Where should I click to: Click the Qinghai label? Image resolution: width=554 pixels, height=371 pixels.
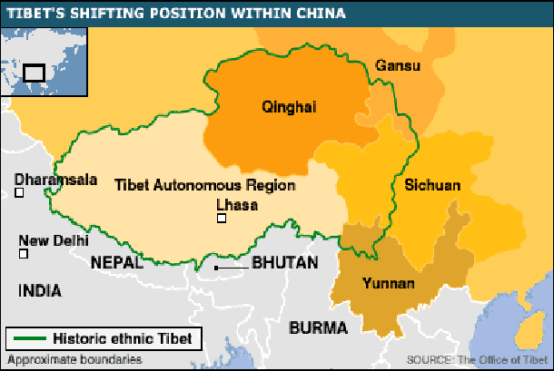coord(288,107)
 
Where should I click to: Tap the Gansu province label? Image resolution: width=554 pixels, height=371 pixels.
coord(392,65)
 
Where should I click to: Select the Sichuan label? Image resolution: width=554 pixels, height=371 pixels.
coord(432,185)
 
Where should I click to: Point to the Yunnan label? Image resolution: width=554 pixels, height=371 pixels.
coord(388,284)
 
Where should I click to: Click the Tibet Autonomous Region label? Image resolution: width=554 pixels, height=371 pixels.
coord(204,185)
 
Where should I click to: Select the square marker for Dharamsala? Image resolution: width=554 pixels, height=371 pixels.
coord(20,192)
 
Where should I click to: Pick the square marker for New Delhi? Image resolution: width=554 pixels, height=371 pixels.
coord(24,254)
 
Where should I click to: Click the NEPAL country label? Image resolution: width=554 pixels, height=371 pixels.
coord(116,262)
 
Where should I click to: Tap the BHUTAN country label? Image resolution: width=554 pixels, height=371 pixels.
coord(284,263)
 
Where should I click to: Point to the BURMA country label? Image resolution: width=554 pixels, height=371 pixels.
coord(317,327)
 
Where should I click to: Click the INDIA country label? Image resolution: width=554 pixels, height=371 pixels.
coord(39,291)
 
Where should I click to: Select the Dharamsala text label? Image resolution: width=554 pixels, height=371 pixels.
coord(56,180)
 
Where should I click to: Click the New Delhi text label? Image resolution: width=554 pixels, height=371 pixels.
coord(54,240)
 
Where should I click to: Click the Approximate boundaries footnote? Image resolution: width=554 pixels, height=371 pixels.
coord(74,359)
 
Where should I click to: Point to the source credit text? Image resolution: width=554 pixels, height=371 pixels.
coord(477,358)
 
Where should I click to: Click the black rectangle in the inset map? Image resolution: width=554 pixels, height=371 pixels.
coord(35,71)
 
